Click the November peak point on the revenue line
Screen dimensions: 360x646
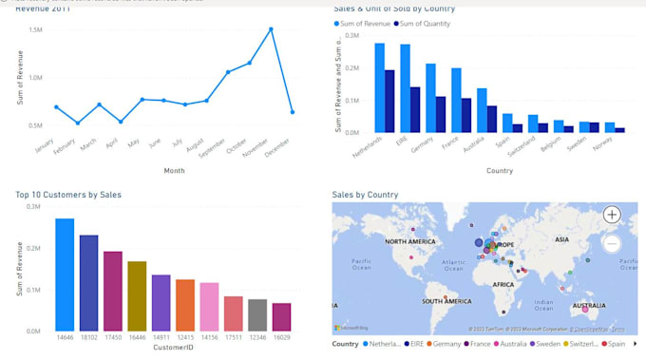pos(271,28)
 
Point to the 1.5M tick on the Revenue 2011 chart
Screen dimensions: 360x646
pos(35,29)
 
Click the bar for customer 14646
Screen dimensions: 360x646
pos(65,275)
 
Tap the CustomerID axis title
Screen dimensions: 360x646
pos(173,348)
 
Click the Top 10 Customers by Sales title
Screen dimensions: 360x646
pos(68,195)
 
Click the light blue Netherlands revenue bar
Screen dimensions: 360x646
pos(379,87)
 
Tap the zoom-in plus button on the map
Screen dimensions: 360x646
pos(613,215)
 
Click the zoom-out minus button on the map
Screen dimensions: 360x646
pos(613,244)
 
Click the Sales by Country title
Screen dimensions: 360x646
pos(365,195)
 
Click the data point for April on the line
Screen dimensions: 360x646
pos(121,122)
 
